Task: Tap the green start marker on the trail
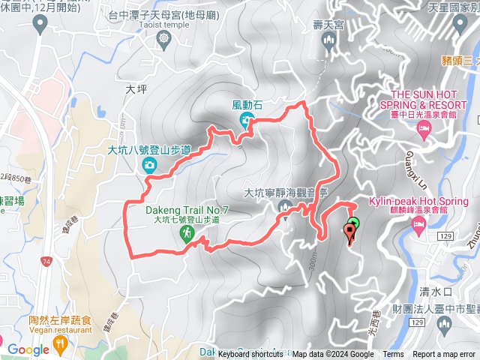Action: pyautogui.click(x=355, y=223)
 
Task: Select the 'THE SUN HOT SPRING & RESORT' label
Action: pyautogui.click(x=423, y=100)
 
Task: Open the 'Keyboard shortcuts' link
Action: pyautogui.click(x=250, y=355)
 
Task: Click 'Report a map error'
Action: pyautogui.click(x=445, y=355)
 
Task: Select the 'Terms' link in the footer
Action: pyautogui.click(x=393, y=355)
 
